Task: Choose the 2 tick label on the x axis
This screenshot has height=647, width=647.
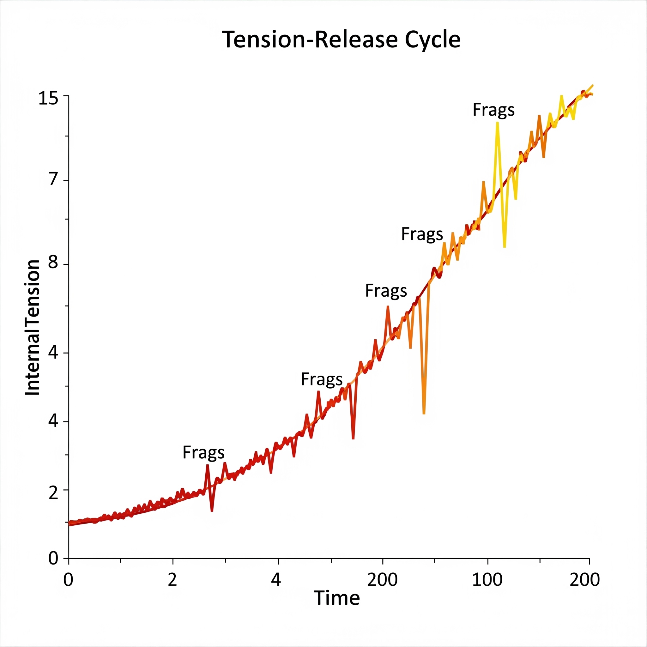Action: coord(172,580)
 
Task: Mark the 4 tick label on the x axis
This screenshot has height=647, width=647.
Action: coord(275,580)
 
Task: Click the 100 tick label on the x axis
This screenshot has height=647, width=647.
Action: coord(487,580)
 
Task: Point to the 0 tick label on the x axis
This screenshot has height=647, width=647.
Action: coord(68,580)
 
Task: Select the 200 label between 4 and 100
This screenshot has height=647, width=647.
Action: coord(382,580)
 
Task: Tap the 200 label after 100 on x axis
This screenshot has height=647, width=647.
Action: coord(584,580)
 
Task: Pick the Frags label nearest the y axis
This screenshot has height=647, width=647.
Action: coord(203,453)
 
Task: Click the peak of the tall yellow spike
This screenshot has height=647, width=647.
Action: coord(497,123)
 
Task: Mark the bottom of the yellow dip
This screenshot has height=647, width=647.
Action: coord(504,247)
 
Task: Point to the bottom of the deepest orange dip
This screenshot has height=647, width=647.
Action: coord(424,414)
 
